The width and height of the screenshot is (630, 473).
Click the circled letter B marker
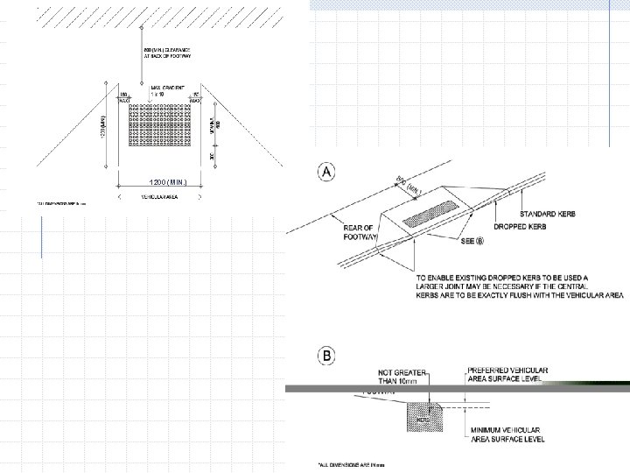click(x=326, y=357)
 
